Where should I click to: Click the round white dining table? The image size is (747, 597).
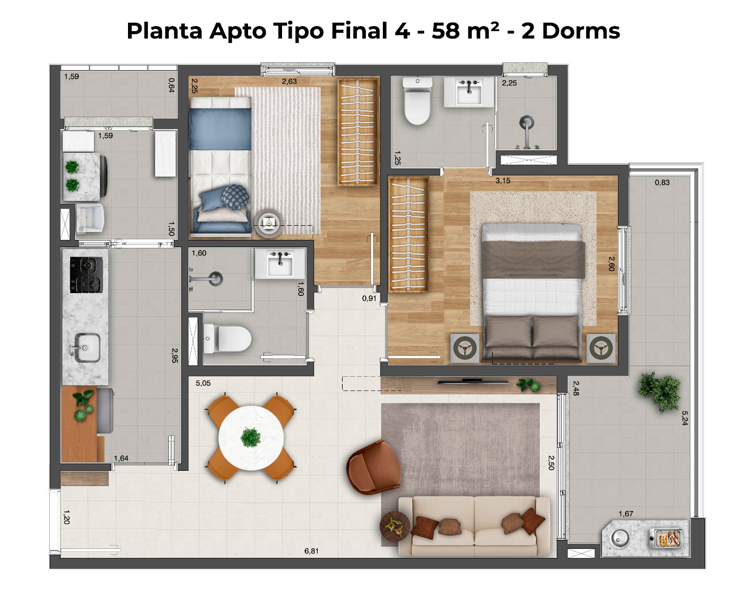[x=251, y=438]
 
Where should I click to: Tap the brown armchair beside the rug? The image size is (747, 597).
[x=374, y=467]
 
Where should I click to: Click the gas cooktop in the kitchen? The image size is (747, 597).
[x=87, y=275]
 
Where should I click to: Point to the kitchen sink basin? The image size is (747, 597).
[x=87, y=347]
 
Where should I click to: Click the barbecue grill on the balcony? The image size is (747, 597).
[x=665, y=538]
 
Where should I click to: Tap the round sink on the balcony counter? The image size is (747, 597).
[x=620, y=539]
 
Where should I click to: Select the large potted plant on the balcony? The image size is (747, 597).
[x=659, y=392]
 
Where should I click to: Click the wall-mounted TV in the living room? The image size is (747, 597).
[x=473, y=382]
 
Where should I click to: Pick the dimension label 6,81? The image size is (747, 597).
[x=311, y=551]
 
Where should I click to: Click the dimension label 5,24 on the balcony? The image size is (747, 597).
[x=685, y=418]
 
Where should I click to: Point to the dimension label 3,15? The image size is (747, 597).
[x=503, y=181]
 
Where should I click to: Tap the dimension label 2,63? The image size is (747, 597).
[x=289, y=81]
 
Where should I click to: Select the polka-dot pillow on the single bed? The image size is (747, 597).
[x=235, y=197]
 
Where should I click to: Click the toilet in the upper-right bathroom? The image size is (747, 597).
[x=417, y=101]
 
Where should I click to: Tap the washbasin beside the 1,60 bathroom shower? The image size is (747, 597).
[x=280, y=264]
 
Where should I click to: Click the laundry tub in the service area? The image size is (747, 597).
[x=89, y=218]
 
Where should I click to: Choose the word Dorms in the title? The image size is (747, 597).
[x=580, y=31]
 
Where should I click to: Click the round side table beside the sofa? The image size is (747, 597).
[x=395, y=526]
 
